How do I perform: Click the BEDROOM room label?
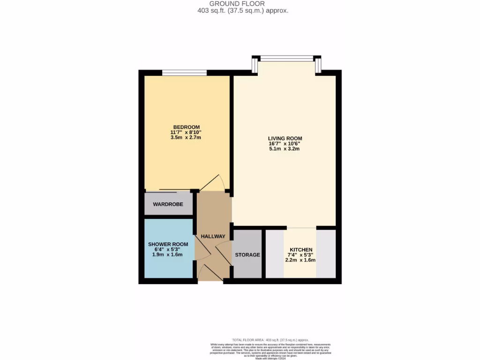[187, 127]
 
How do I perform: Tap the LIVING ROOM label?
[285, 138]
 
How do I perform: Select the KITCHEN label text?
[301, 249]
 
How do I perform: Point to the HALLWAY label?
[213, 237]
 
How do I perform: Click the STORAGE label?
[247, 255]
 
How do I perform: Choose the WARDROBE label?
[168, 204]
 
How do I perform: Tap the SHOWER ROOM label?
[168, 244]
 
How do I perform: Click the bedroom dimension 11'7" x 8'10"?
[187, 133]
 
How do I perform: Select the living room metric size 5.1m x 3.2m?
[285, 149]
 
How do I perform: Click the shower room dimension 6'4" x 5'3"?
[168, 249]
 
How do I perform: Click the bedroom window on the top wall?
[184, 73]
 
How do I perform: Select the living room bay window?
[287, 59]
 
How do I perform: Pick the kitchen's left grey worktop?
[275, 254]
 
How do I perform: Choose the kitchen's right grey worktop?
[326, 254]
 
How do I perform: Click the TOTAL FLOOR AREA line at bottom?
[270, 340]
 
